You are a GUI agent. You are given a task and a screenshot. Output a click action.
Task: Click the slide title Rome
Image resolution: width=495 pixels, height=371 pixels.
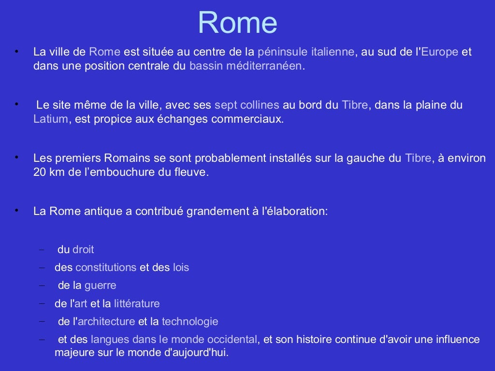point(237,23)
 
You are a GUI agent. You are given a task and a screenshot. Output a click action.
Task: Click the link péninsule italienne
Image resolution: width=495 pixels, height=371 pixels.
point(306,52)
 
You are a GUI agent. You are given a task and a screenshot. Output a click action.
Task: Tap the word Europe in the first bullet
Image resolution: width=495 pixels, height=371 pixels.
point(439,52)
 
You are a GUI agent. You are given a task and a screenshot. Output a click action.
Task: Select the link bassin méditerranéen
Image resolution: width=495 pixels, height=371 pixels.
point(246,66)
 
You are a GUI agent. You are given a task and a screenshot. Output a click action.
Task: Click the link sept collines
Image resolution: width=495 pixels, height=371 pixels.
point(247,105)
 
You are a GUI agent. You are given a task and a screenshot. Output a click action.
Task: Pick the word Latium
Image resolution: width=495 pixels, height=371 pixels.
point(51,119)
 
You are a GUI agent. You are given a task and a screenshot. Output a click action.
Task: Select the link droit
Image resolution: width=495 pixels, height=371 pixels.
point(83,250)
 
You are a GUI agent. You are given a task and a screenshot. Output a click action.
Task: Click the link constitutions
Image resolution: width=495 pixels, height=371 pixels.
point(106,267)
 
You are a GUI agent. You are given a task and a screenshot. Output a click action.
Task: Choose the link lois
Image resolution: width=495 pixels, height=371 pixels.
point(181,267)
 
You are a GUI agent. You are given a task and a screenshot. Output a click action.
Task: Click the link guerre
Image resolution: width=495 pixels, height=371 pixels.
point(100,285)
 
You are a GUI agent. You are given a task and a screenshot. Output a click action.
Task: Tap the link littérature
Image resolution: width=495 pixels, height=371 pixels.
point(137,304)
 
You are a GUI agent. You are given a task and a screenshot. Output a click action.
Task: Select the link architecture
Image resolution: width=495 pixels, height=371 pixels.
point(106,322)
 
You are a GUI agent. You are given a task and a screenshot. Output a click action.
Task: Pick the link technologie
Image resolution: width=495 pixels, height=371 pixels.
point(190,322)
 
